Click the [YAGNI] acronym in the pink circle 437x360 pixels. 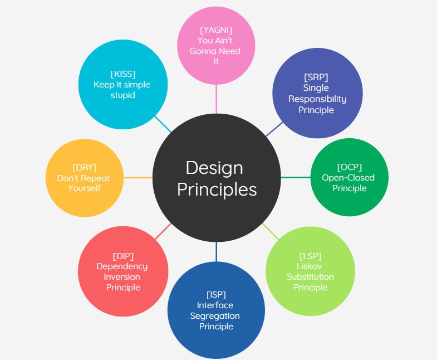216,30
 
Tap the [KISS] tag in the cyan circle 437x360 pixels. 122,74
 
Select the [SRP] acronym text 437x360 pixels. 316,77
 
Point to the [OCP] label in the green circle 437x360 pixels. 348,167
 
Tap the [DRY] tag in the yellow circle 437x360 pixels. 85,167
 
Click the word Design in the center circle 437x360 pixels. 214,168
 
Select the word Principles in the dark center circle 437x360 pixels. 217,189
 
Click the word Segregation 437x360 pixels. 215,315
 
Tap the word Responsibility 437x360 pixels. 317,99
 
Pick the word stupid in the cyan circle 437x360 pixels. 122,95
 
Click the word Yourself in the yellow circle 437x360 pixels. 84,188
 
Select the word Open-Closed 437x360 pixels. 348,177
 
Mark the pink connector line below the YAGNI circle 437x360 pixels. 216,98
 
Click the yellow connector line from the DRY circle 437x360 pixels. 138,178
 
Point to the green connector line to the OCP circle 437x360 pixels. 295,177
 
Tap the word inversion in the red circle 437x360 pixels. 122,277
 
